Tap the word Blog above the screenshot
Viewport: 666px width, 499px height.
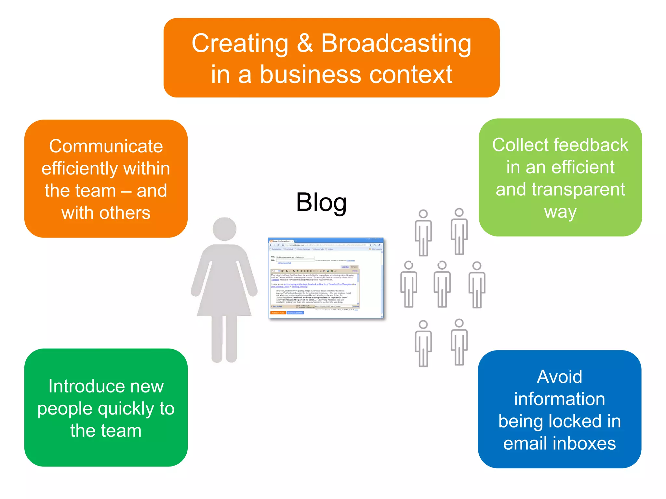[x=321, y=202]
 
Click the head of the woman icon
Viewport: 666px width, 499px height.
[x=224, y=229]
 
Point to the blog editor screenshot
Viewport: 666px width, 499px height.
[x=326, y=278]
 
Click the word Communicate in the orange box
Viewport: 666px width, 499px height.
[x=106, y=146]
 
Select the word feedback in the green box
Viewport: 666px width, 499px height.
[x=592, y=145]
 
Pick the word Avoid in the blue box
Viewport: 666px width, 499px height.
[x=559, y=377]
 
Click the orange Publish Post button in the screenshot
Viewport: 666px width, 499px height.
[x=278, y=313]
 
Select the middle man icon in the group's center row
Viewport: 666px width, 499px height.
[x=442, y=284]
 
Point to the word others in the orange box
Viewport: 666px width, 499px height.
[x=125, y=213]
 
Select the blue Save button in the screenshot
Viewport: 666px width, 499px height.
[x=295, y=313]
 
